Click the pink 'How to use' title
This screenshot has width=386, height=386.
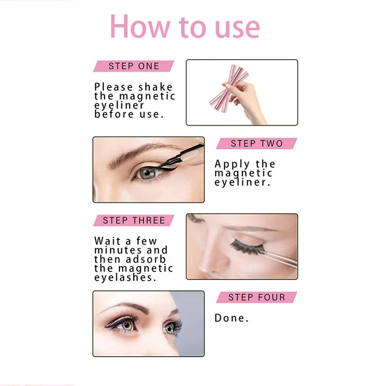(185, 26)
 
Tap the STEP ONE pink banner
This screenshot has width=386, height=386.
(134, 66)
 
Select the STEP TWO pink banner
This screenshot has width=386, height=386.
(256, 143)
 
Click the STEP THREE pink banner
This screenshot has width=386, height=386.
(134, 220)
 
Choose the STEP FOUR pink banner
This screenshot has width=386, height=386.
(256, 297)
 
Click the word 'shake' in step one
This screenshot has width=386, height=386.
(155, 87)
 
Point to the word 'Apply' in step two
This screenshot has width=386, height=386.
(232, 165)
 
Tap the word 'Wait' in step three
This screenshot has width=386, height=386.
(108, 241)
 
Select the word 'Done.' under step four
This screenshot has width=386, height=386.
(232, 318)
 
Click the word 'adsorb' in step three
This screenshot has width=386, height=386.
(146, 259)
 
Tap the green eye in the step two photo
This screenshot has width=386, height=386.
(148, 173)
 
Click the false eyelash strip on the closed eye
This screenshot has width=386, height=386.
(247, 247)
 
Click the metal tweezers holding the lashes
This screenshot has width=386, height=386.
(280, 260)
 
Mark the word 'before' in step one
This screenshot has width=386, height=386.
(114, 114)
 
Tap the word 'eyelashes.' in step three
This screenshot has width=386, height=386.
(125, 278)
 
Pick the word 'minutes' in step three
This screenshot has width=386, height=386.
(118, 250)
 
